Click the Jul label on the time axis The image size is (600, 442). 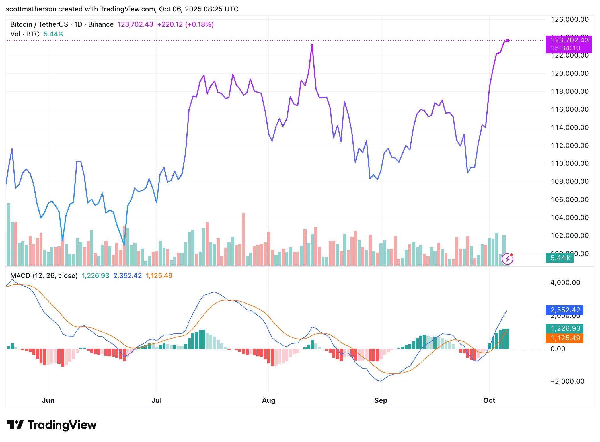click(x=157, y=400)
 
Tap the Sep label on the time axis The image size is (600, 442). click(x=381, y=400)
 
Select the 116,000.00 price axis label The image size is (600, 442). click(x=570, y=109)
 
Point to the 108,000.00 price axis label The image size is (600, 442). click(x=570, y=181)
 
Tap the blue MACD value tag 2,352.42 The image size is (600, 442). click(x=565, y=310)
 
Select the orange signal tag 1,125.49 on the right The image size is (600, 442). click(x=565, y=338)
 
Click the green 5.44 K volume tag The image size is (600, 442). click(x=560, y=258)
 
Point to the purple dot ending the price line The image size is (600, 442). click(x=507, y=40)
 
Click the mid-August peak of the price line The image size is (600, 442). click(x=312, y=44)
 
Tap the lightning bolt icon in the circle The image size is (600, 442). click(x=507, y=259)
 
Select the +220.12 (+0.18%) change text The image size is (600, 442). click(x=185, y=24)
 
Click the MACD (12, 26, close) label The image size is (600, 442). click(x=44, y=276)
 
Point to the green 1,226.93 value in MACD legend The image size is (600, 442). click(x=95, y=276)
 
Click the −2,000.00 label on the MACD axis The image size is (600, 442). click(x=567, y=381)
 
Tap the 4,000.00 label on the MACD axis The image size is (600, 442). click(x=565, y=283)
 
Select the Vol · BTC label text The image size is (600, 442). click(x=25, y=34)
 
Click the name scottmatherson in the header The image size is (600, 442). click(x=31, y=9)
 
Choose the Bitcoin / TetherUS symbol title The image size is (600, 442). click(x=39, y=24)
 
